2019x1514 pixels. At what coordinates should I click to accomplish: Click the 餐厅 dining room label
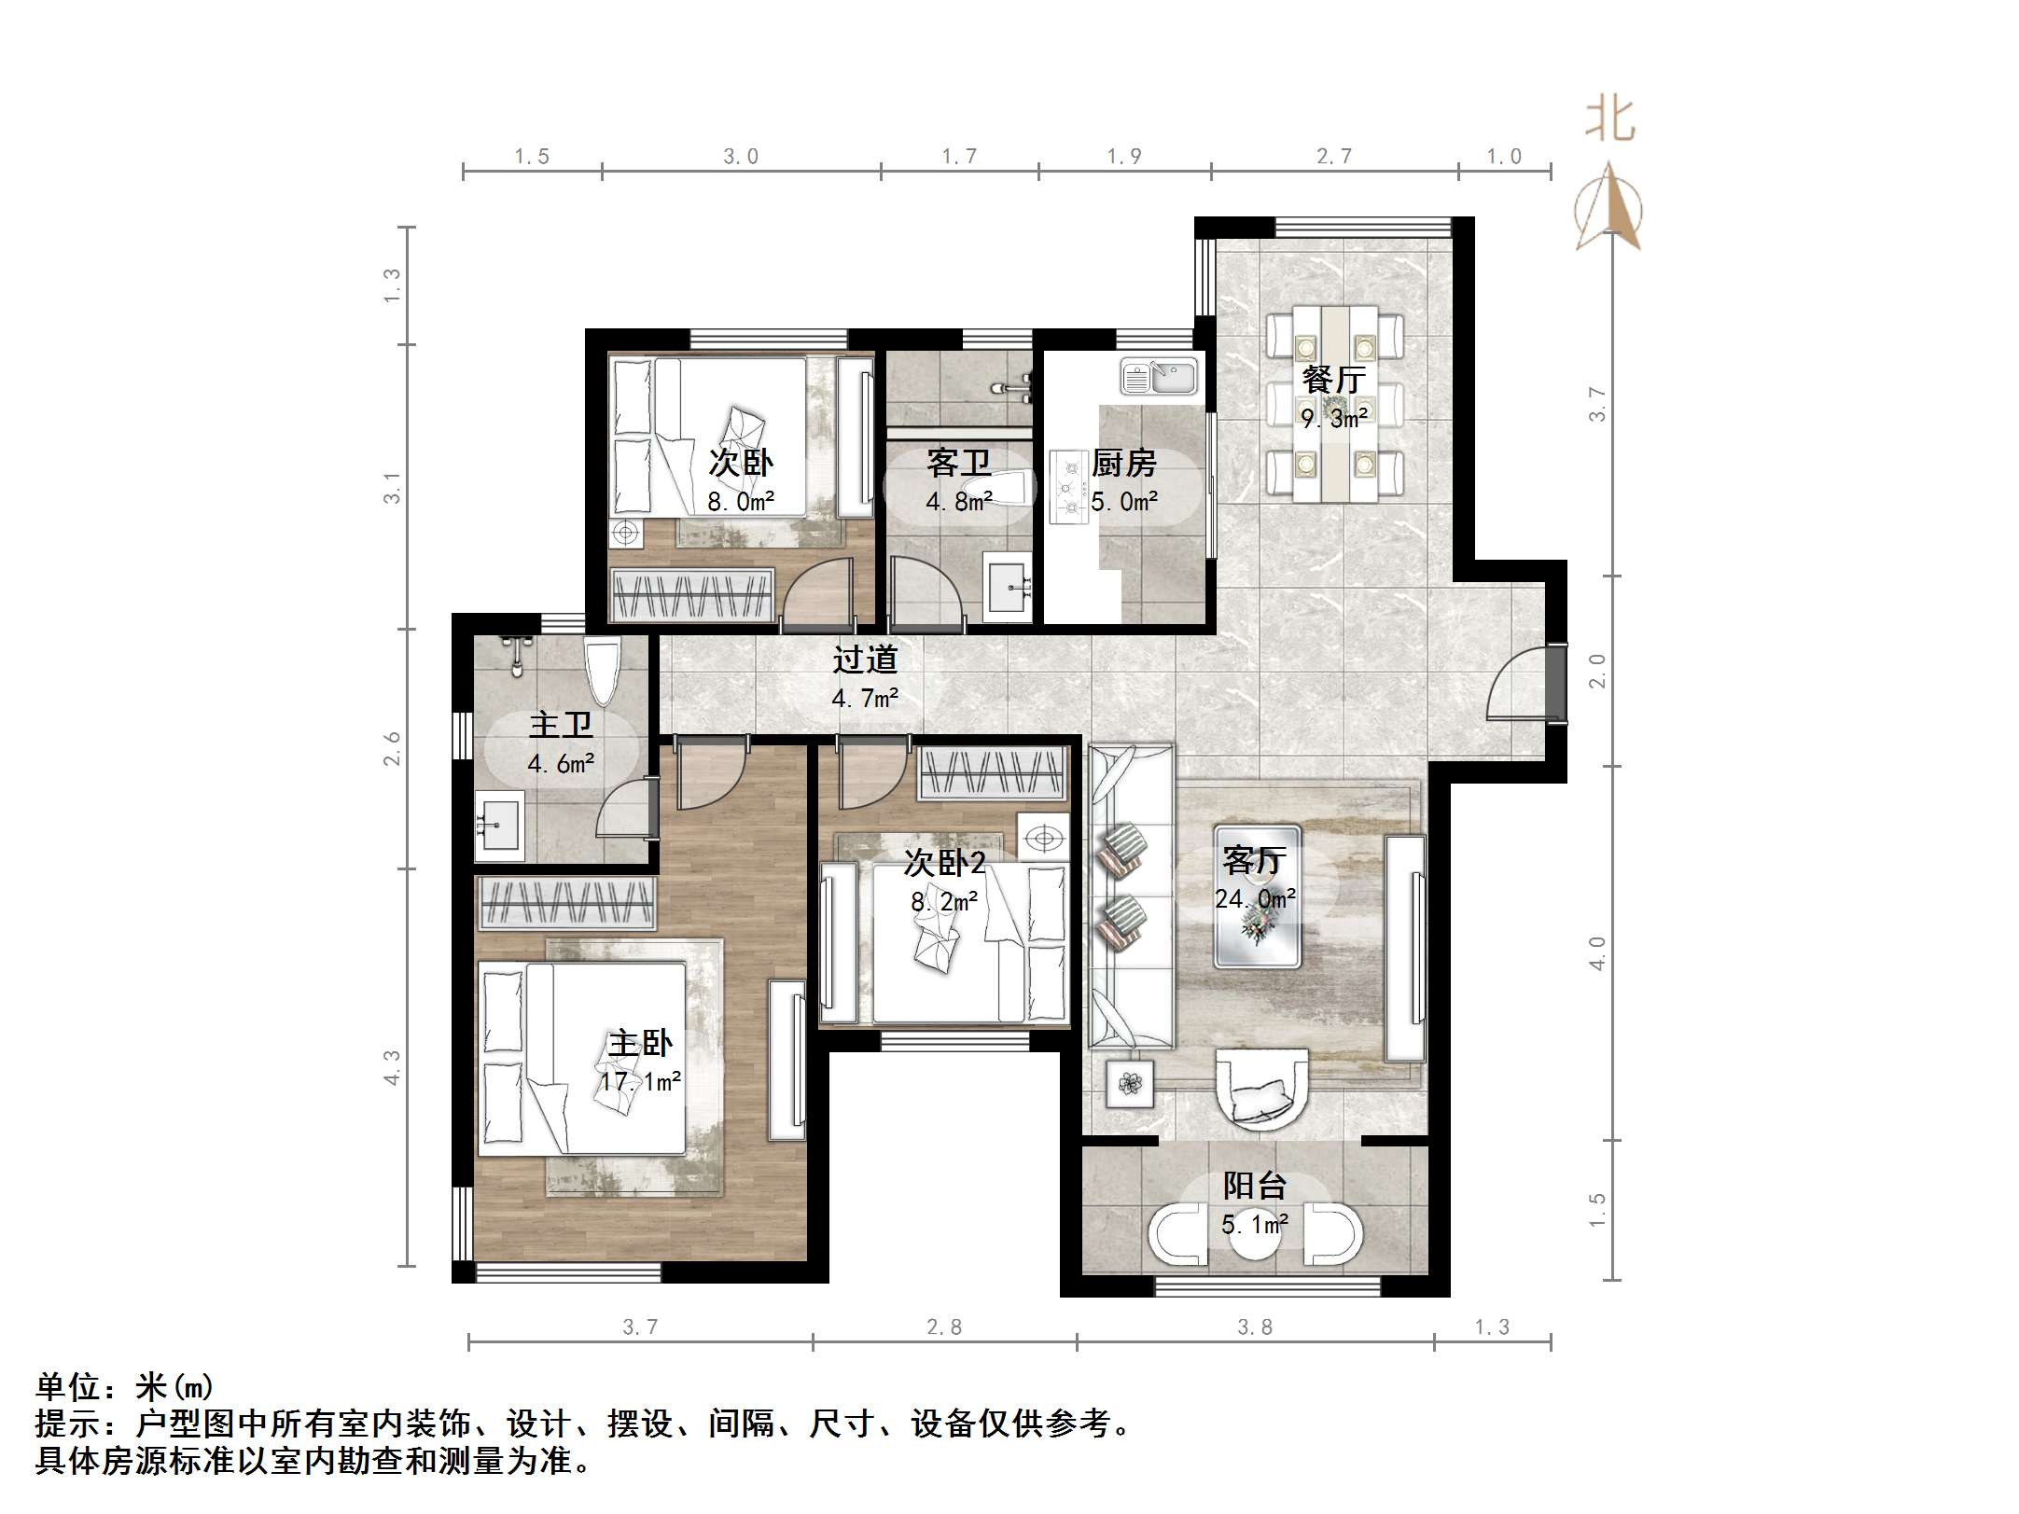tap(1334, 380)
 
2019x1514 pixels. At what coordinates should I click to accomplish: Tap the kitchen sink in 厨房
tap(1159, 378)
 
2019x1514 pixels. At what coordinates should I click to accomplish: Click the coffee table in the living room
tap(1257, 896)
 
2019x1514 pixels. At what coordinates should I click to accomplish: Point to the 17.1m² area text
tap(640, 1082)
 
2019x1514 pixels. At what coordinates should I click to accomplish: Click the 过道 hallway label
tap(865, 660)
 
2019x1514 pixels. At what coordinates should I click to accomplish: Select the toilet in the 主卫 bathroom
tap(603, 669)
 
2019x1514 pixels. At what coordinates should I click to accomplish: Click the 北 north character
tap(1610, 121)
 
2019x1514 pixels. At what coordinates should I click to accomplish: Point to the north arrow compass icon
tap(1608, 210)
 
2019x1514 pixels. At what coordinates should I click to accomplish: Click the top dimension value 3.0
tap(741, 157)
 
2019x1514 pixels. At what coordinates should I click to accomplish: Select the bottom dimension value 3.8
tap(1255, 1326)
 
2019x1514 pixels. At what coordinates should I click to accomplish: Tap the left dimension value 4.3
tap(393, 1068)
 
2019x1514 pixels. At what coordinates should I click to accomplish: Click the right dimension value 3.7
tap(1597, 404)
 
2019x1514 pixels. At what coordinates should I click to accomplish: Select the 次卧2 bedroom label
tap(943, 863)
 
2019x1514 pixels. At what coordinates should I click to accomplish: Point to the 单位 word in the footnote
tap(68, 1386)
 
